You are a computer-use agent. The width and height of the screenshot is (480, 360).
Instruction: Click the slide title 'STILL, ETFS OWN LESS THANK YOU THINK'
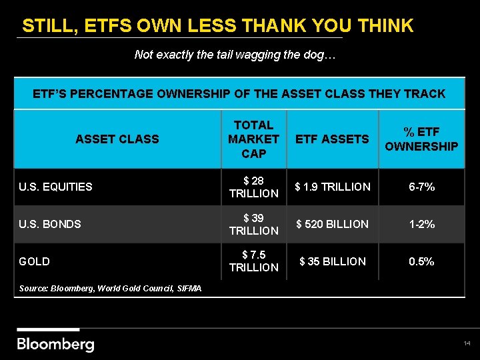217,26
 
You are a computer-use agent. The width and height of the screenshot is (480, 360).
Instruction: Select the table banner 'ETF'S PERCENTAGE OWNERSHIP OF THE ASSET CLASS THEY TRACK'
239,94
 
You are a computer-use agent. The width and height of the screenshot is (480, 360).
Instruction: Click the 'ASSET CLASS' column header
117,139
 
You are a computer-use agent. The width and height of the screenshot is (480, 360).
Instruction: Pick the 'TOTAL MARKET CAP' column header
253,139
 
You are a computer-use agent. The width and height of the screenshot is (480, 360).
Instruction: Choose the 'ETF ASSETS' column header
332,139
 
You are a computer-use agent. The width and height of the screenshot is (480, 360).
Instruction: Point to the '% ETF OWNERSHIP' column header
421,139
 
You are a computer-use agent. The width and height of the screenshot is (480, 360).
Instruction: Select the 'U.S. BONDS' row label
50,224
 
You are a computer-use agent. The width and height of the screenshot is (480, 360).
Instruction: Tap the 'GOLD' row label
34,261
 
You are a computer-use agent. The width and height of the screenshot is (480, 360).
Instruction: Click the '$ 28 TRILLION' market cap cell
253,187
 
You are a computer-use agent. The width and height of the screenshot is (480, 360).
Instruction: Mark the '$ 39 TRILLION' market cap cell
253,224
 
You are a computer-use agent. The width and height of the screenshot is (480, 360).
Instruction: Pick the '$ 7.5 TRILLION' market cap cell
253,261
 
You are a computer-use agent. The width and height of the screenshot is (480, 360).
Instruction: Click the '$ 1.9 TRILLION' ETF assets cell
332,187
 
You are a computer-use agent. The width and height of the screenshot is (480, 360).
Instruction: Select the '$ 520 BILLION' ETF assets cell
332,224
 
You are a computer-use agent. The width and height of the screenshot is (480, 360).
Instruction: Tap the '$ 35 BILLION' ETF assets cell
332,261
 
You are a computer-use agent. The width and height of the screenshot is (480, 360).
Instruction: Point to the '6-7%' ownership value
421,187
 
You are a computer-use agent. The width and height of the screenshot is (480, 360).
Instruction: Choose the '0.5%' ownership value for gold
421,261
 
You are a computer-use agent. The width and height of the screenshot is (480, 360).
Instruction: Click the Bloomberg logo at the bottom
55,344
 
